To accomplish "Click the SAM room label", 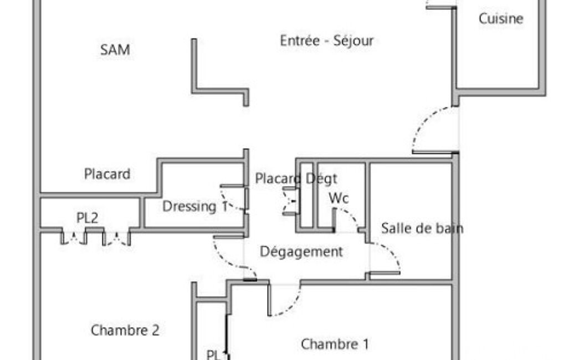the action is [x=115, y=50].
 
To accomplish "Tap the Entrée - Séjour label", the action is [x=327, y=40].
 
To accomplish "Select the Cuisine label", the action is [x=501, y=18].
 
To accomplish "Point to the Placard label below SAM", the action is [x=107, y=174].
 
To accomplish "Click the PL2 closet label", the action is [x=88, y=218].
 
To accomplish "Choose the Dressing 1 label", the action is [x=195, y=207].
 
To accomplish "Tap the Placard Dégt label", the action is [x=296, y=178].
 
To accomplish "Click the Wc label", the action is [x=339, y=198].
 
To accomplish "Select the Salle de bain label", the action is [x=422, y=228].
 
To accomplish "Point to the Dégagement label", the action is [x=301, y=251].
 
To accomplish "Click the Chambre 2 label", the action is [x=125, y=330].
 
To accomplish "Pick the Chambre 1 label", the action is [x=335, y=344].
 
